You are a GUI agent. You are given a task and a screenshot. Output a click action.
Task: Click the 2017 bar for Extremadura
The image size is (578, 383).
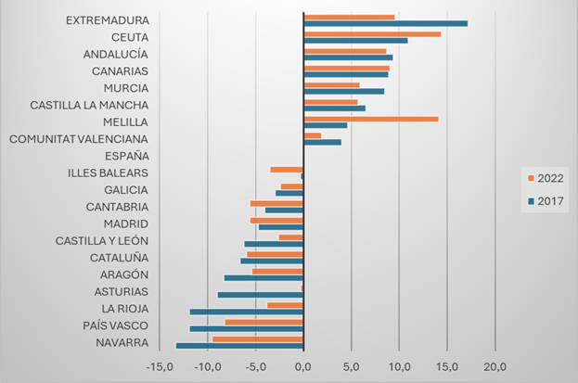tap(385, 23)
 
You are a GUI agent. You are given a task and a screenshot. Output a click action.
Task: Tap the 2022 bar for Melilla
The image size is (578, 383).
tap(370, 119)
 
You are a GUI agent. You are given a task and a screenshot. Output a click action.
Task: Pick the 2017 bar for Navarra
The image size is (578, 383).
tap(239, 346)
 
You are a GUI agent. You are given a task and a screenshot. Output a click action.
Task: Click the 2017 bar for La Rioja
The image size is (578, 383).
tap(246, 312)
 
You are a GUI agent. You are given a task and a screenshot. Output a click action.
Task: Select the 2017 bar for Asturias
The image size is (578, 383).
tap(260, 295)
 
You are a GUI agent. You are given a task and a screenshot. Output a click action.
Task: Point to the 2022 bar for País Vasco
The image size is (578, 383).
tap(263, 322)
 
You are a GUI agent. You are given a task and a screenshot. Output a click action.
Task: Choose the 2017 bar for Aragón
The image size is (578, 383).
tap(263, 277)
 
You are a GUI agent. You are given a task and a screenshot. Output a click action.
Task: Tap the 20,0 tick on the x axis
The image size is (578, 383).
tap(495, 367)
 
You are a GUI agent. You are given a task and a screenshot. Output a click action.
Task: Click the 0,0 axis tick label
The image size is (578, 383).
tap(303, 367)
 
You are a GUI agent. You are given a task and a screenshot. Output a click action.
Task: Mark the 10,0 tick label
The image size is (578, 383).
tap(399, 367)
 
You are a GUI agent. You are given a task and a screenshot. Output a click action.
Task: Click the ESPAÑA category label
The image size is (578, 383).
tap(127, 156)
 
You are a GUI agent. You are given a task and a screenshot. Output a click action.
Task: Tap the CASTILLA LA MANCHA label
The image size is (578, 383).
tap(89, 105)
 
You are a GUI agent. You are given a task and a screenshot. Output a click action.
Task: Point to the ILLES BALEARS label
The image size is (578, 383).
tap(108, 172)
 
